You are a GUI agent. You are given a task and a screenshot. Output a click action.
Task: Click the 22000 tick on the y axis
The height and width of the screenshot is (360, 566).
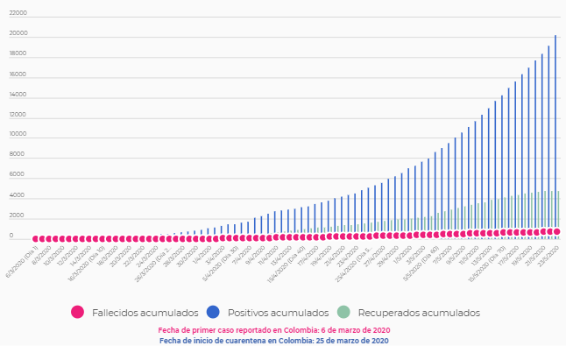click(x=18, y=14)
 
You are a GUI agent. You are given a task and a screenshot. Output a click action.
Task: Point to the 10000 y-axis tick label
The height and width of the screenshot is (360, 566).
click(x=18, y=135)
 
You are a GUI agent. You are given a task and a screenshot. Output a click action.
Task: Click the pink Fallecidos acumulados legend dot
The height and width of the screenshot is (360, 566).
click(x=78, y=312)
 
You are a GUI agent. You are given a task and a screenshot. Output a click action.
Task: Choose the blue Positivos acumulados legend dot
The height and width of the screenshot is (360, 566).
click(x=214, y=312)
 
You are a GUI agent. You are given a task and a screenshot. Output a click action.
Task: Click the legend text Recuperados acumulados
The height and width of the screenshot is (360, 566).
click(x=420, y=313)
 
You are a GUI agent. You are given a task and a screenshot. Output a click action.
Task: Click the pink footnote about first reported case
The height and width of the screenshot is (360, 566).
click(x=274, y=330)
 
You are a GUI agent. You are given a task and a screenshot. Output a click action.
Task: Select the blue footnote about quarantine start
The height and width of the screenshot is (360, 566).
click(x=274, y=340)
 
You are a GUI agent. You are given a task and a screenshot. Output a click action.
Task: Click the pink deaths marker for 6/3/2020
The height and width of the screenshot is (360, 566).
click(x=36, y=238)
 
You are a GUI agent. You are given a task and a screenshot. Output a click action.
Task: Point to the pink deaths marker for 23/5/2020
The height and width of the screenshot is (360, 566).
click(x=555, y=232)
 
